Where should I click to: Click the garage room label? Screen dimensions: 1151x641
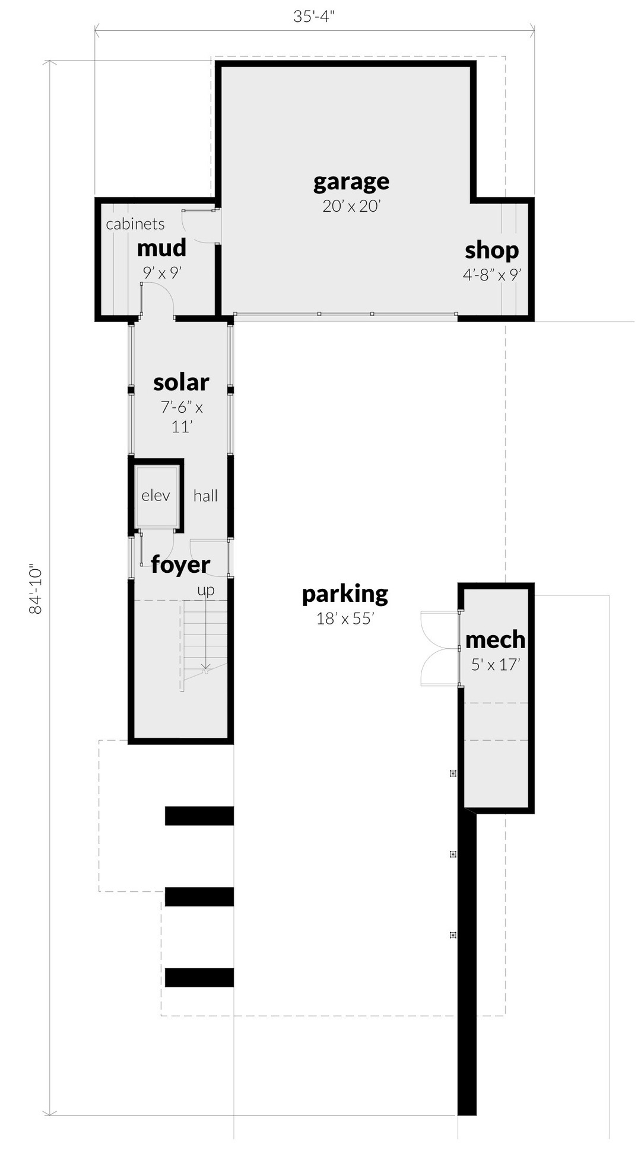(351, 181)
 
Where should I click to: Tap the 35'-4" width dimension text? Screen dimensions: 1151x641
(314, 16)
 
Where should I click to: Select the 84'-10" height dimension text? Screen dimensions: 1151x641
(36, 589)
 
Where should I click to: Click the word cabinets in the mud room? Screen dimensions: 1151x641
(135, 224)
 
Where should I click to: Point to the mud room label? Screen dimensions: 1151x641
(161, 248)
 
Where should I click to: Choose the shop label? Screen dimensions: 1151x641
(491, 250)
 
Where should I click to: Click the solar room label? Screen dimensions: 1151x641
(181, 382)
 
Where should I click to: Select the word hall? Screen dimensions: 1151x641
(205, 496)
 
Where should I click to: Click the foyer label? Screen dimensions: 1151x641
(180, 565)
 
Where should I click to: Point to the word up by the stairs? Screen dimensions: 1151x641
(206, 591)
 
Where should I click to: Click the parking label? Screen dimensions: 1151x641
(345, 594)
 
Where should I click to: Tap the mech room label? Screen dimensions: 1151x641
(495, 640)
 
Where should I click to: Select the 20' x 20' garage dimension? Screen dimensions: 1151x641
(351, 206)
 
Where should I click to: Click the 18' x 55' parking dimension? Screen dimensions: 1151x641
(345, 618)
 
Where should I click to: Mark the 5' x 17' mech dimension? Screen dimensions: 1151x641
(496, 665)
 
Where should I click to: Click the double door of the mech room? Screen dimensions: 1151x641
(439, 649)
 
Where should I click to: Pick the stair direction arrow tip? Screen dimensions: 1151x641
(205, 669)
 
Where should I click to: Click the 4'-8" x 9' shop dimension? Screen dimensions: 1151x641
(491, 275)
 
